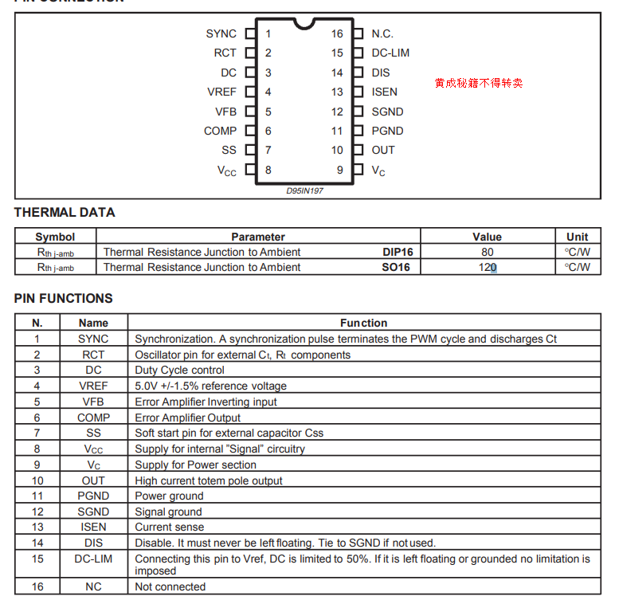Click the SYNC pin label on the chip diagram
tap(221, 33)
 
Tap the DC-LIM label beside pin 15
tap(390, 53)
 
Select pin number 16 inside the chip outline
tap(338, 33)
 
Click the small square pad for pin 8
tap(250, 170)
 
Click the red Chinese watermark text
tap(479, 83)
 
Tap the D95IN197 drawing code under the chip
tap(305, 191)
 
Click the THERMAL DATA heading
tap(65, 213)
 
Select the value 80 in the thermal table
tap(488, 252)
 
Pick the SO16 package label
tap(396, 268)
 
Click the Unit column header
tap(578, 237)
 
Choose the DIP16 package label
tap(398, 252)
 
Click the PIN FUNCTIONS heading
tap(64, 299)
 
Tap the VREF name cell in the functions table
tap(93, 386)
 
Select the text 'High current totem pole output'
tap(209, 480)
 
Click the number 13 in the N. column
tap(37, 528)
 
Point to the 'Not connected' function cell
tap(170, 586)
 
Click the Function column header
tap(363, 323)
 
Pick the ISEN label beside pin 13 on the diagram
tap(384, 92)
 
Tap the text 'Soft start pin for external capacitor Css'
tap(229, 433)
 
